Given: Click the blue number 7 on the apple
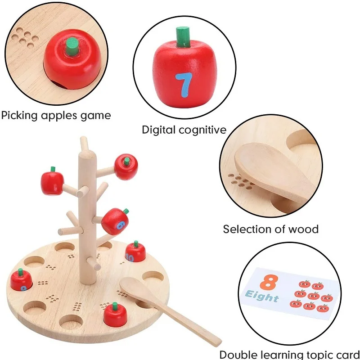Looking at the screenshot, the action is [x=183, y=85].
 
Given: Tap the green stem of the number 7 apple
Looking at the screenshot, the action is [x=183, y=37].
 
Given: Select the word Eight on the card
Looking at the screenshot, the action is [x=262, y=297].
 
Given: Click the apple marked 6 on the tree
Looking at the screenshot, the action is [x=115, y=221].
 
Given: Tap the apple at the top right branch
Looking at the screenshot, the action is [x=126, y=167].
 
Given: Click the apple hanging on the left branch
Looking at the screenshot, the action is [x=52, y=182].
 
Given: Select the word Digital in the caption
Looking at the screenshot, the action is [x=159, y=130].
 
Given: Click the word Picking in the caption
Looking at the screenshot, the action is [x=19, y=116].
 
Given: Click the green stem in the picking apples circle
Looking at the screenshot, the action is [x=72, y=46].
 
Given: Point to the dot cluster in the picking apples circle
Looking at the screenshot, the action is [x=25, y=38].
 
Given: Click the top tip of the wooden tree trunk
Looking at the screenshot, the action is [x=84, y=138].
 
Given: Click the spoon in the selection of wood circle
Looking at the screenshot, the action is [x=275, y=173].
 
